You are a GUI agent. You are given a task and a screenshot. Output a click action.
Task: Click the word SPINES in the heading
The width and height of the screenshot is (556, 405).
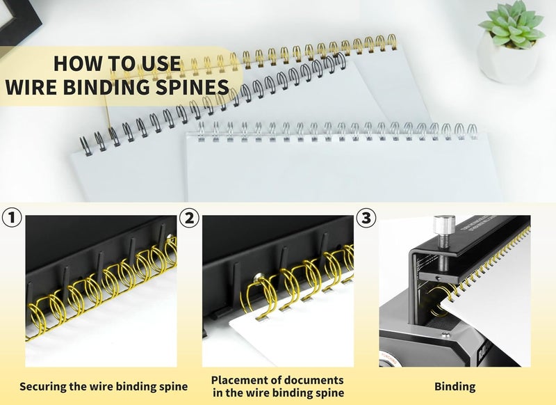point(190,88)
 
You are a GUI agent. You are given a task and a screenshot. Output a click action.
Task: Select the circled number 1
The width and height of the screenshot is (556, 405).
point(11,218)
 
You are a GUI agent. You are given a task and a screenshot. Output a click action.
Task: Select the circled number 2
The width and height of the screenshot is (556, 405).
point(188,218)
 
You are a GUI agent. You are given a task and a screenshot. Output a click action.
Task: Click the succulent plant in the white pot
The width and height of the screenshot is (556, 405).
point(511,24)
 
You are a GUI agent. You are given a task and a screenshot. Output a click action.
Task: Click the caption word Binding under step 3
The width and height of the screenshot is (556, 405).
point(455,386)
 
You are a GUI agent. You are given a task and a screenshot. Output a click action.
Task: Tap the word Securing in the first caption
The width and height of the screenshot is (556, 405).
point(43,386)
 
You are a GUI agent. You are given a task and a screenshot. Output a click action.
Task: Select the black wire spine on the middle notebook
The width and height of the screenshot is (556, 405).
point(208,104)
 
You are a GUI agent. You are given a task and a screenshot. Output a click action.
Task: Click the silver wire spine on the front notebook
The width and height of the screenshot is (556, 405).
point(334,130)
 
